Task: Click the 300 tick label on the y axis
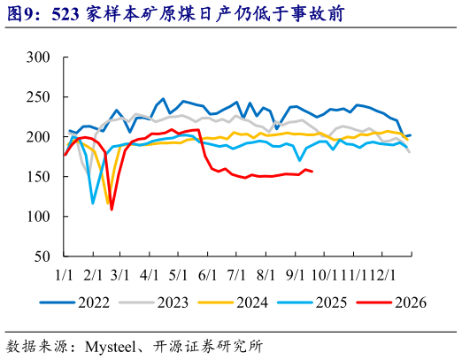(38, 57)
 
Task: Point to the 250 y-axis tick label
(38, 97)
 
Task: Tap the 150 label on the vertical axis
(38, 177)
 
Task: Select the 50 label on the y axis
(42, 257)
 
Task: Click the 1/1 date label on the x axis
(64, 275)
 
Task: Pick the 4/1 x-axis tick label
(149, 275)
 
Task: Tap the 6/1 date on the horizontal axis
(207, 275)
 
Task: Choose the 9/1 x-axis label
(295, 275)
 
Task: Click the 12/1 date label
(382, 275)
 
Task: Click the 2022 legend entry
(75, 303)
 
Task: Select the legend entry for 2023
(154, 303)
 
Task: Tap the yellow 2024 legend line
(216, 303)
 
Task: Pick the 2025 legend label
(332, 303)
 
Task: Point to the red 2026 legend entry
(391, 303)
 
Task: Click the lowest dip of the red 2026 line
(112, 210)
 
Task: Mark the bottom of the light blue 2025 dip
(93, 203)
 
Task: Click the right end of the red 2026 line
(312, 172)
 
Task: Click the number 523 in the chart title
(65, 14)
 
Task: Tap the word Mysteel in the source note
(110, 347)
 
